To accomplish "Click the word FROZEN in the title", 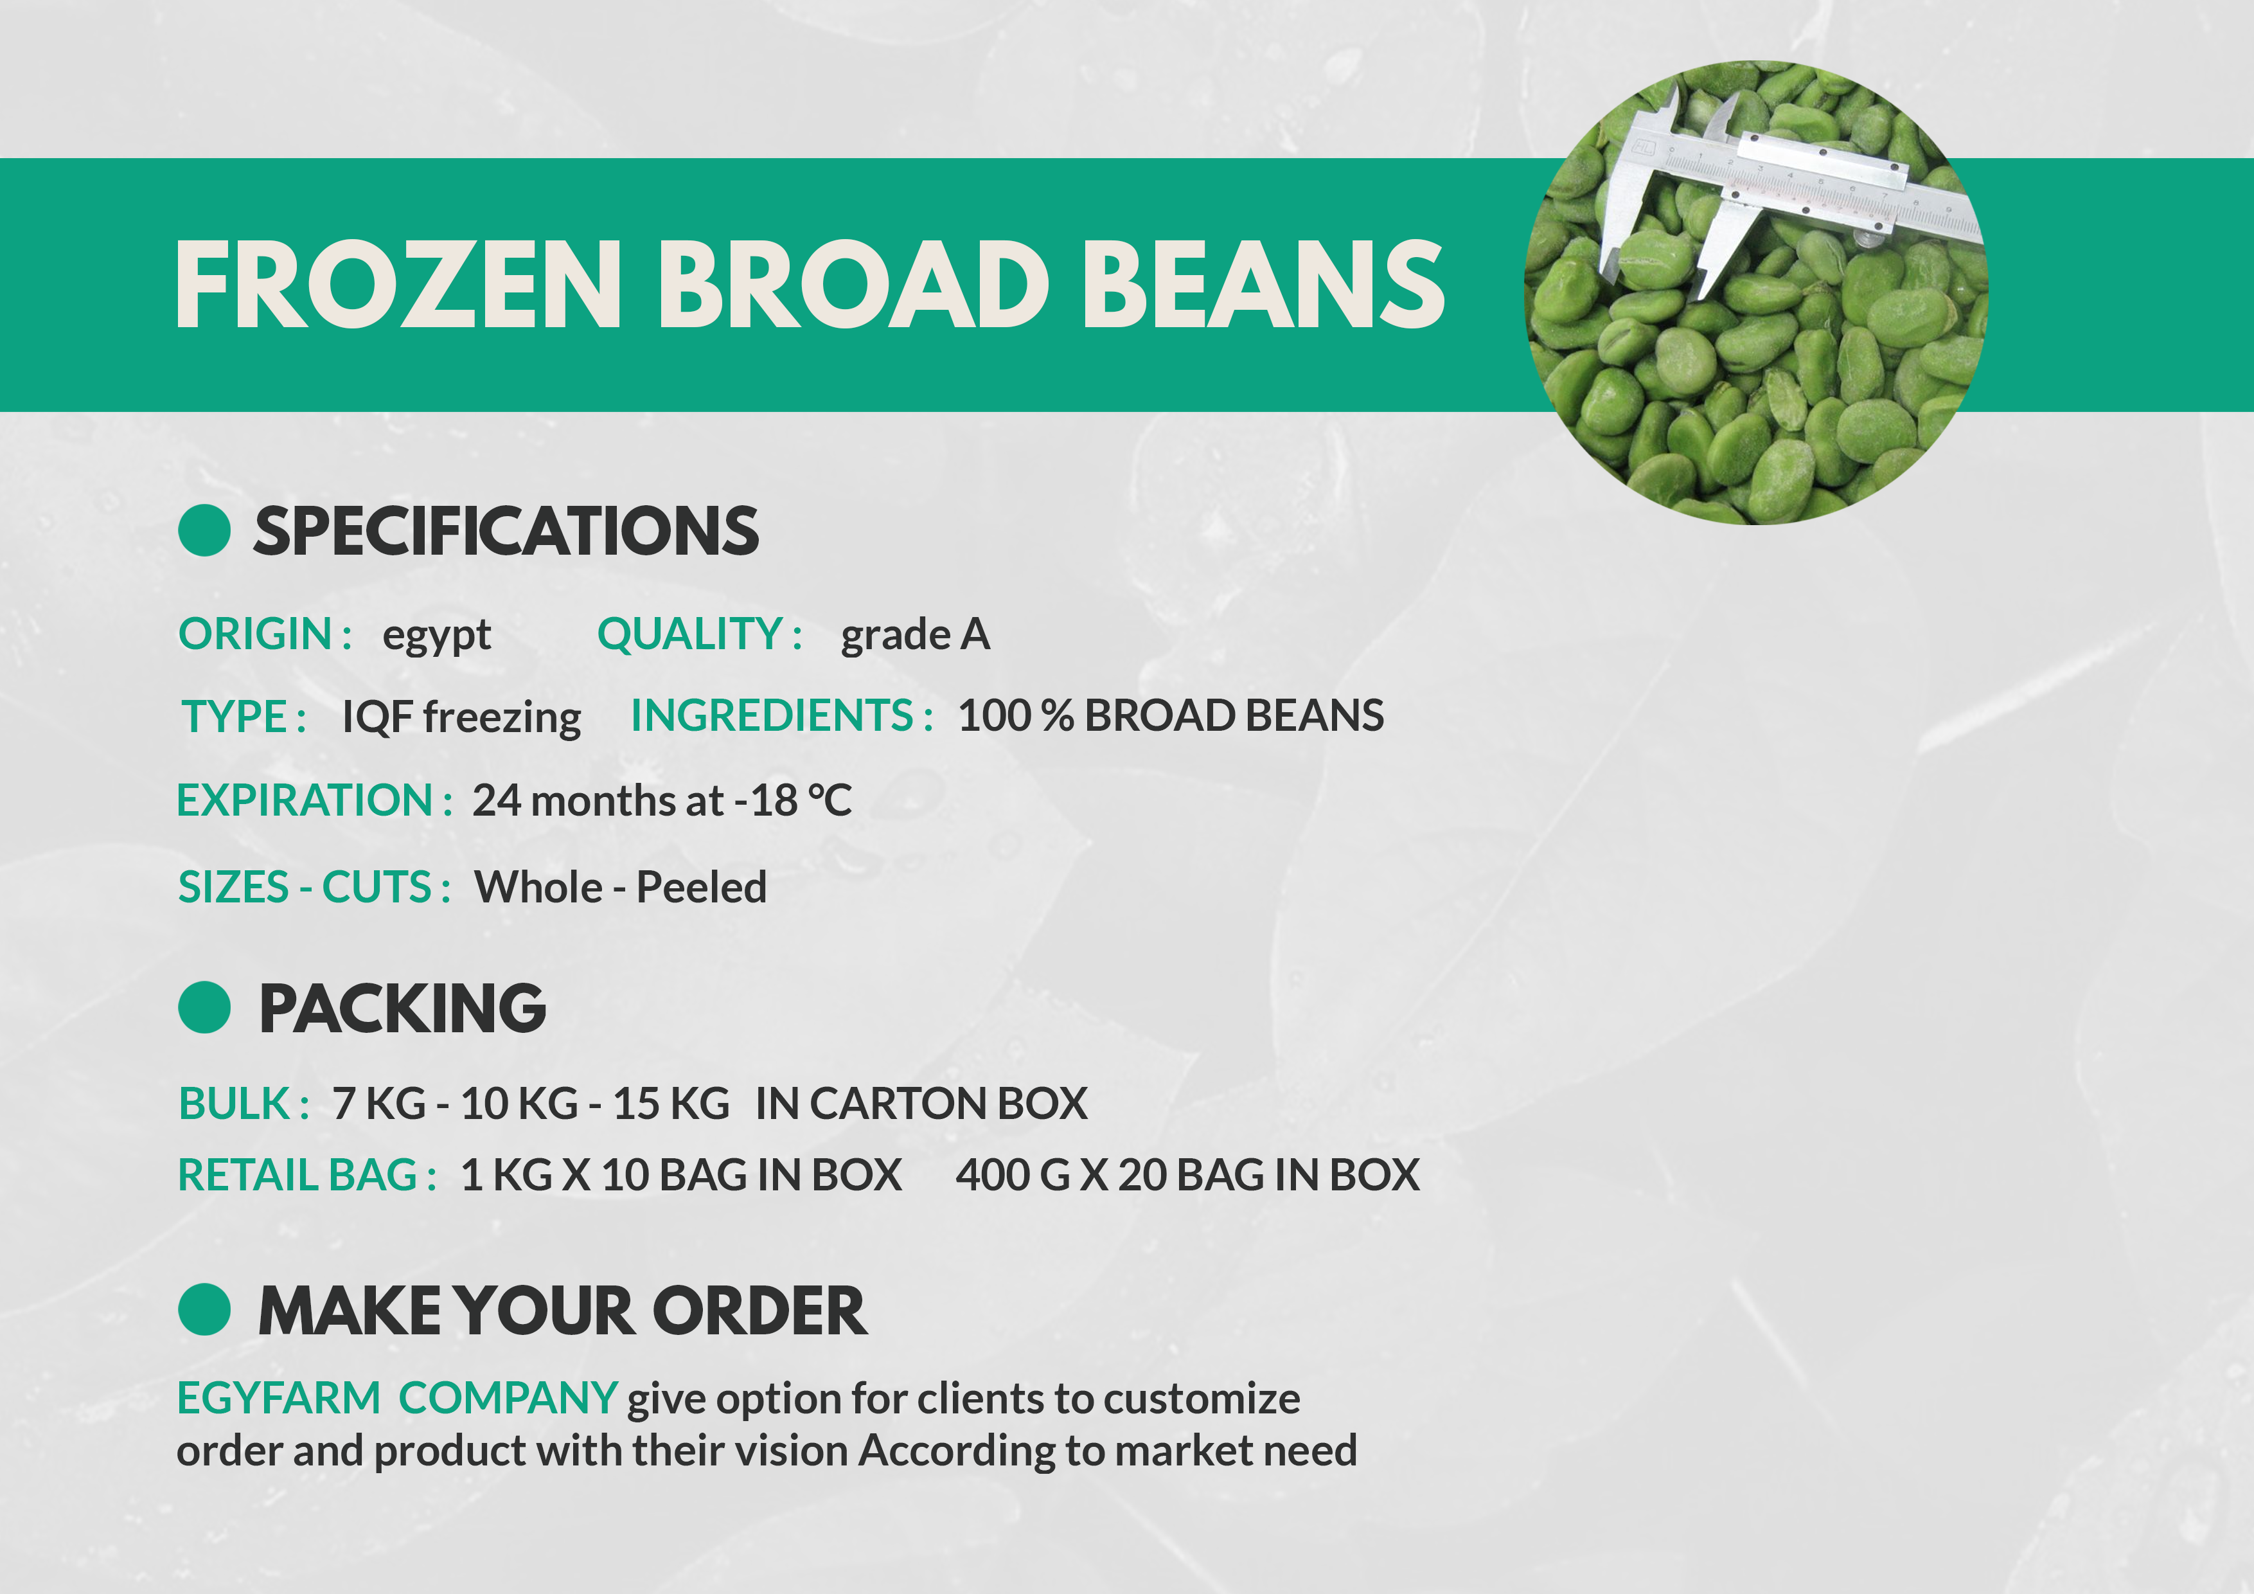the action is pyautogui.click(x=398, y=285).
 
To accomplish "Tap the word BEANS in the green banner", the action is pyautogui.click(x=1263, y=285).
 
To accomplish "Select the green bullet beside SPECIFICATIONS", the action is pyautogui.click(x=204, y=530).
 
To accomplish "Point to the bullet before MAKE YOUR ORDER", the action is pyautogui.click(x=204, y=1309).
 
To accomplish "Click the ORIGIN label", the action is pyautogui.click(x=265, y=634).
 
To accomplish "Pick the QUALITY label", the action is pyautogui.click(x=700, y=634).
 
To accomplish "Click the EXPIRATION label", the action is pyautogui.click(x=314, y=800).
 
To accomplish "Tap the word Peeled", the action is pyautogui.click(x=702, y=888).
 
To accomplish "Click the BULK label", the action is pyautogui.click(x=244, y=1104).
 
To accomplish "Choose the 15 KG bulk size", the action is pyautogui.click(x=671, y=1104).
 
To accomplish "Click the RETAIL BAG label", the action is pyautogui.click(x=307, y=1176).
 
